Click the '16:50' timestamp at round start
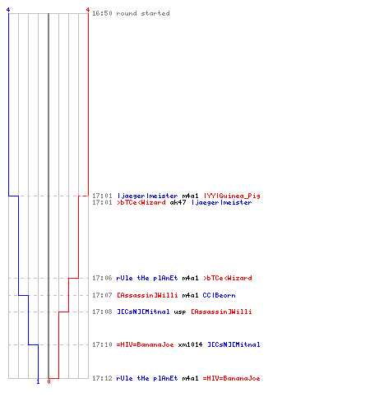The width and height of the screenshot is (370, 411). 102,13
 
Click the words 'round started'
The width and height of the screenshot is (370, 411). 143,13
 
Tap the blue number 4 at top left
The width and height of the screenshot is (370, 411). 8,10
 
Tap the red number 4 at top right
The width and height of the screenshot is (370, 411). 88,10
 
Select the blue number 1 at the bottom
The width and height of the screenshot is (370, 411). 38,381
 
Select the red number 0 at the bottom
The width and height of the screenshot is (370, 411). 49,381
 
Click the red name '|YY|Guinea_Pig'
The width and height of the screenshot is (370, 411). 232,196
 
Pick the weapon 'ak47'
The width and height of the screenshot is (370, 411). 178,202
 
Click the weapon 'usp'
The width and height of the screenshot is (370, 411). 180,312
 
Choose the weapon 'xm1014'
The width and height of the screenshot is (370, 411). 190,344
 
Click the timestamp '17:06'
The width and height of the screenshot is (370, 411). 102,278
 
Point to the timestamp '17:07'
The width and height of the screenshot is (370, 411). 102,295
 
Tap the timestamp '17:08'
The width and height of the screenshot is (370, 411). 102,312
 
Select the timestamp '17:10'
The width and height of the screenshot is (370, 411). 102,344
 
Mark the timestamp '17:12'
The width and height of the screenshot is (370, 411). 102,378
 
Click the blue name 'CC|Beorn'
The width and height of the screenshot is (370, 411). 219,295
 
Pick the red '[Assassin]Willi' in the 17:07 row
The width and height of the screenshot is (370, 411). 147,295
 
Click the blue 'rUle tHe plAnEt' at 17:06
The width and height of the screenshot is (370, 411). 147,278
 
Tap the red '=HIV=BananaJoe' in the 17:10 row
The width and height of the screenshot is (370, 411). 146,344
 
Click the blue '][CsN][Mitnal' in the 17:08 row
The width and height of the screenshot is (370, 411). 143,312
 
